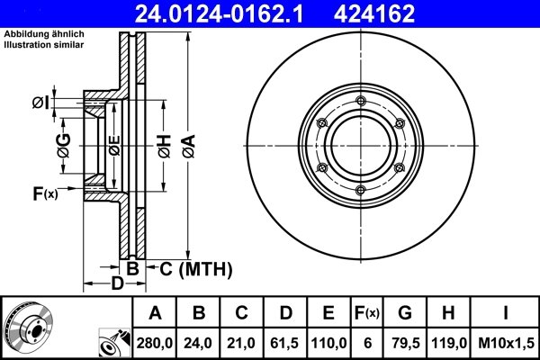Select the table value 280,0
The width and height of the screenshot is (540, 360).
(155, 342)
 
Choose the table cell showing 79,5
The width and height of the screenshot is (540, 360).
(404, 342)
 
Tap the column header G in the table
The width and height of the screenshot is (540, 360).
(404, 313)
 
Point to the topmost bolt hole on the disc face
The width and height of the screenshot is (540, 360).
(359, 100)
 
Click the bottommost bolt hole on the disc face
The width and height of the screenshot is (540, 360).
(359, 188)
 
